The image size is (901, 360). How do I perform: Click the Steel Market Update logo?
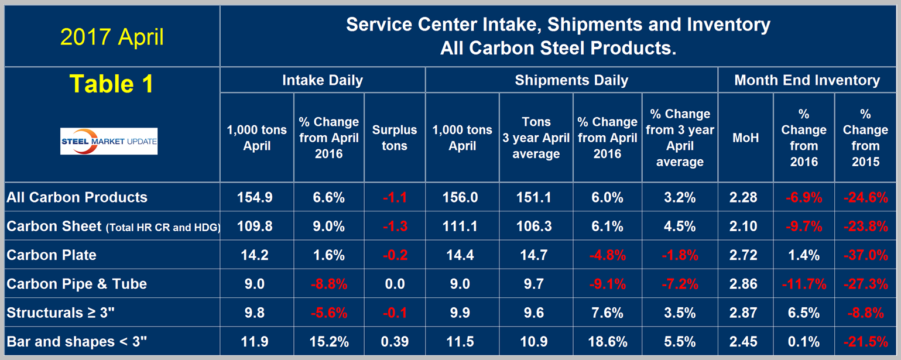pyautogui.click(x=109, y=141)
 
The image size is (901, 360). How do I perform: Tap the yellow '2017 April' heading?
pyautogui.click(x=112, y=37)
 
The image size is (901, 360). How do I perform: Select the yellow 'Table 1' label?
pyautogui.click(x=112, y=84)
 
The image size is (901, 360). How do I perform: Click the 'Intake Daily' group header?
pyautogui.click(x=322, y=80)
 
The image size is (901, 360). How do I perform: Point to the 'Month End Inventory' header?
pyautogui.click(x=807, y=80)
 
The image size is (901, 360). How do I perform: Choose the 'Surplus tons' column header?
pyautogui.click(x=394, y=138)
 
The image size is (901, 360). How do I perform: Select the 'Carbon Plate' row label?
pyautogui.click(x=52, y=255)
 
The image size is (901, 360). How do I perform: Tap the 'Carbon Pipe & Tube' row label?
pyautogui.click(x=77, y=284)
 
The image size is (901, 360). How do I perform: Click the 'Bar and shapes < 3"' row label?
pyautogui.click(x=77, y=341)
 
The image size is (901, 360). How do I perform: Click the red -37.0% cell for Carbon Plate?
pyautogui.click(x=865, y=255)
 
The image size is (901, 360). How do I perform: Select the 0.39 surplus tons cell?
pyautogui.click(x=394, y=341)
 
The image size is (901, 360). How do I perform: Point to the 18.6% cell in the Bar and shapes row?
pyautogui.click(x=607, y=341)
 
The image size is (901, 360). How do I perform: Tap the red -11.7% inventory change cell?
pyautogui.click(x=803, y=284)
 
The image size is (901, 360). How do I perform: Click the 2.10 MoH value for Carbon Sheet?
pyautogui.click(x=744, y=227)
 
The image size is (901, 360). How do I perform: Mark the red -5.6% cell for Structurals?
pyautogui.click(x=328, y=313)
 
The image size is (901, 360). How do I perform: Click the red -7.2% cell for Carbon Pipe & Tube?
pyautogui.click(x=679, y=284)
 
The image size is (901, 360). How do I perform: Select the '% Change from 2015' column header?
pyautogui.click(x=865, y=138)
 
